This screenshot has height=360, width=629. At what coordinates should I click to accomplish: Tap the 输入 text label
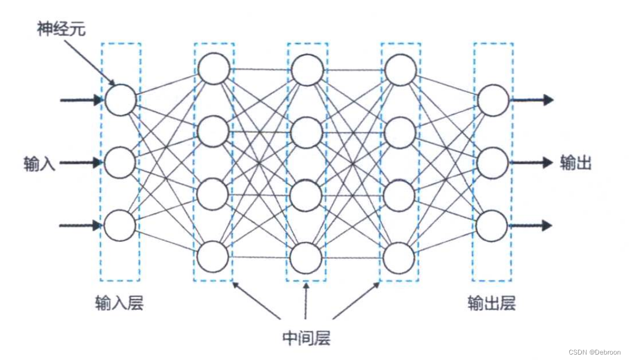pyautogui.click(x=40, y=163)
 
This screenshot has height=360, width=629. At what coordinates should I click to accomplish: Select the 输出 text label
pyautogui.click(x=575, y=163)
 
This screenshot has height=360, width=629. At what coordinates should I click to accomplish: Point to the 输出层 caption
pyautogui.click(x=491, y=303)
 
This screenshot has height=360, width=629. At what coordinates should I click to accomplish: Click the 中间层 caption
pyautogui.click(x=306, y=338)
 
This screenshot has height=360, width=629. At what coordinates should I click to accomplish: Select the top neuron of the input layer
pyautogui.click(x=120, y=100)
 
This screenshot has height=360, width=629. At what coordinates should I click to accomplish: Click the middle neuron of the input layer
pyautogui.click(x=120, y=163)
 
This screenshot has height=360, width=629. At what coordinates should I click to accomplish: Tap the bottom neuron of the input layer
pyautogui.click(x=120, y=226)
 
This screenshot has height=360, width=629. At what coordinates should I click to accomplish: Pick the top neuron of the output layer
pyautogui.click(x=492, y=100)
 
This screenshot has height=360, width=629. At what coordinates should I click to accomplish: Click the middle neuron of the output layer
pyautogui.click(x=492, y=163)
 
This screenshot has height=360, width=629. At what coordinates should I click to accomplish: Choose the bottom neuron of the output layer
pyautogui.click(x=492, y=226)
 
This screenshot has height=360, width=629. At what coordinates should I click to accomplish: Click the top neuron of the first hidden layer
pyautogui.click(x=213, y=69)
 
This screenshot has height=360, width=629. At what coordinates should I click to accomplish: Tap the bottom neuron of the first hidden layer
pyautogui.click(x=213, y=257)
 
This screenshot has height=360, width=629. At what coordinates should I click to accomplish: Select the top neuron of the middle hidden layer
pyautogui.click(x=307, y=70)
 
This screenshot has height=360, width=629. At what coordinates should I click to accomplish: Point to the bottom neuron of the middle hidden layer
pyautogui.click(x=307, y=258)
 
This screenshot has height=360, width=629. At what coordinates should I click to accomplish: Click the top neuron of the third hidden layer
pyautogui.click(x=400, y=70)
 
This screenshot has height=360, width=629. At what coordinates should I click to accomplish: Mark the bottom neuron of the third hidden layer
pyautogui.click(x=400, y=258)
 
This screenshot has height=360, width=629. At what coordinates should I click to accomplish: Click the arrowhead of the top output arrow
pyautogui.click(x=548, y=100)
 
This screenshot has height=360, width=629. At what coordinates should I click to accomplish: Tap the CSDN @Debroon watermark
pyautogui.click(x=595, y=352)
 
